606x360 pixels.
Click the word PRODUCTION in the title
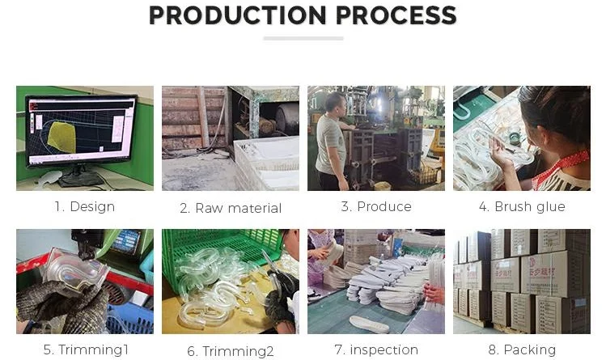[238, 15]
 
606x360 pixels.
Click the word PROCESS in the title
[396, 15]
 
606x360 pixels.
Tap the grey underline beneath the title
[303, 38]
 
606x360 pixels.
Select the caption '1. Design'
[85, 206]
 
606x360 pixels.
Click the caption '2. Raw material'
[231, 208]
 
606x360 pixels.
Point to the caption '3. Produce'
[376, 206]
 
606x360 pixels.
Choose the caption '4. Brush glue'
[522, 206]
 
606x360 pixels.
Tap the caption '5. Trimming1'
[86, 349]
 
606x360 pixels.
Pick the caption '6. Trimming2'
[231, 351]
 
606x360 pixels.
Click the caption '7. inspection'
[376, 349]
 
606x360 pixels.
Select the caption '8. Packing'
[522, 349]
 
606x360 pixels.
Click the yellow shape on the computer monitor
[61, 137]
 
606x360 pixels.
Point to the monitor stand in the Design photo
[79, 177]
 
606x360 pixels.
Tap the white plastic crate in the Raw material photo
[266, 164]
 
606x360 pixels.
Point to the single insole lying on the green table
[369, 324]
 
